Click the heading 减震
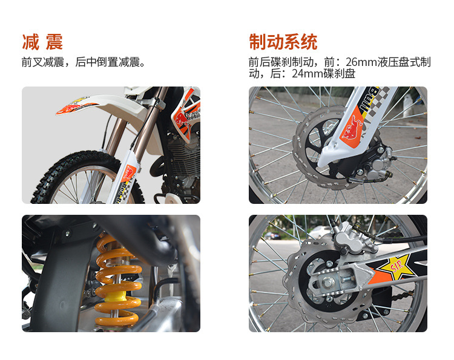point(42,42)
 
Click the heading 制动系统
point(283,42)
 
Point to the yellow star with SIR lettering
point(396,266)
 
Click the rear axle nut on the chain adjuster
point(327,283)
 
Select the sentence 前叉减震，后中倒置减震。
point(84,62)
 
